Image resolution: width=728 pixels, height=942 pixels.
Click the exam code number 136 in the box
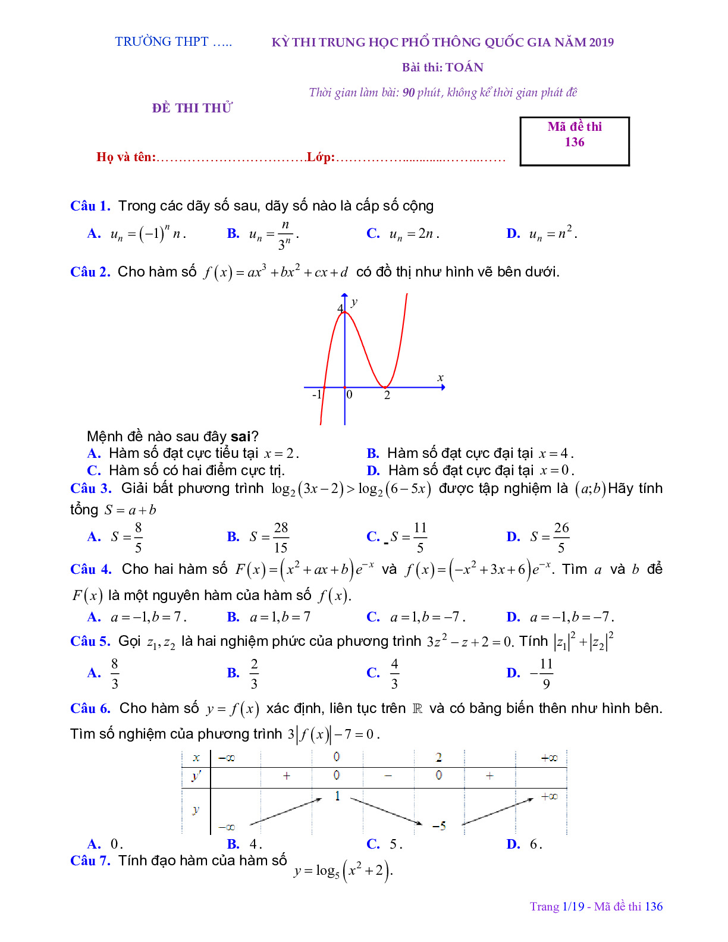pyautogui.click(x=575, y=142)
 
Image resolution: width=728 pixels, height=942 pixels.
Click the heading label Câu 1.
pyautogui.click(x=90, y=206)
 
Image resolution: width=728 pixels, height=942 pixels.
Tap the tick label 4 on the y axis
pyautogui.click(x=340, y=309)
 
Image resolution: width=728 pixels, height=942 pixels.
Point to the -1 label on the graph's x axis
pyautogui.click(x=317, y=394)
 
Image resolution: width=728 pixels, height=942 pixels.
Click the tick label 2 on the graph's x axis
pyautogui.click(x=387, y=395)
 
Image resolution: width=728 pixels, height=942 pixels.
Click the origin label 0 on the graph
pyautogui.click(x=349, y=394)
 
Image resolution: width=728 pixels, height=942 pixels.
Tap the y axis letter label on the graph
pyautogui.click(x=354, y=302)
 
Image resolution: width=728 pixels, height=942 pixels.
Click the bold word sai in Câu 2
pyautogui.click(x=241, y=437)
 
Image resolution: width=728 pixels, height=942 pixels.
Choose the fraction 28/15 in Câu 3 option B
pyautogui.click(x=281, y=538)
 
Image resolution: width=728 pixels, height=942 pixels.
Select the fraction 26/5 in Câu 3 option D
pyautogui.click(x=561, y=538)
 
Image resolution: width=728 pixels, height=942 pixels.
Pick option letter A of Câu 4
pyautogui.click(x=93, y=617)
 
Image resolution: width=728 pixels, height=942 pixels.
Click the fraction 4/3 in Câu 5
pyautogui.click(x=394, y=673)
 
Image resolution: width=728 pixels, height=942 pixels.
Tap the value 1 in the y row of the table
pyautogui.click(x=337, y=796)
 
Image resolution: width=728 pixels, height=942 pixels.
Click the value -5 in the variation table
pyautogui.click(x=439, y=825)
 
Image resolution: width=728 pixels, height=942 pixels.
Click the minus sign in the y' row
pyautogui.click(x=388, y=775)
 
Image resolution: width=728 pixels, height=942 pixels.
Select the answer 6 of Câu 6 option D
pyautogui.click(x=534, y=844)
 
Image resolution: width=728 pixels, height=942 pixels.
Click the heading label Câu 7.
pyautogui.click(x=90, y=861)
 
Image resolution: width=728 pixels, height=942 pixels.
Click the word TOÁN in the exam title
pyautogui.click(x=465, y=67)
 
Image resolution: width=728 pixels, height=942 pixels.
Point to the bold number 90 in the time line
pyautogui.click(x=409, y=92)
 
